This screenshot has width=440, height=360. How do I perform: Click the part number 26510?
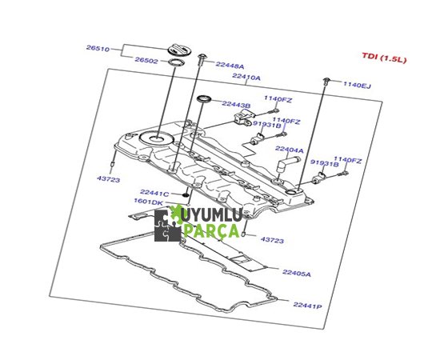pyautogui.click(x=98, y=48)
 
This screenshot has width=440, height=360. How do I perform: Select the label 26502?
pyautogui.click(x=146, y=60)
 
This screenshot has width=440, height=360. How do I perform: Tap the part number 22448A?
pyautogui.click(x=230, y=65)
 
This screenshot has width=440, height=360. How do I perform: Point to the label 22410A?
pyautogui.click(x=246, y=77)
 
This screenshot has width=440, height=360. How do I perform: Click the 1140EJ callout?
pyautogui.click(x=358, y=85)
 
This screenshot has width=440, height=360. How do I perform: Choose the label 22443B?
pyautogui.click(x=236, y=104)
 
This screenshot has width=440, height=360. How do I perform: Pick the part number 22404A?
pyautogui.click(x=290, y=150)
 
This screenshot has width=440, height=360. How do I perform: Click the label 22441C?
pyautogui.click(x=154, y=193)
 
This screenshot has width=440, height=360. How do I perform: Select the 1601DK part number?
pyautogui.click(x=148, y=202)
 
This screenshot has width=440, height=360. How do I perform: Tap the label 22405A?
pyautogui.click(x=297, y=273)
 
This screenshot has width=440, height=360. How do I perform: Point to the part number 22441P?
pyautogui.click(x=307, y=305)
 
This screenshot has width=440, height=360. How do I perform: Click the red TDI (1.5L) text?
pyautogui.click(x=384, y=58)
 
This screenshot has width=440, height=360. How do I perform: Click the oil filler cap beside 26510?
pyautogui.click(x=179, y=50)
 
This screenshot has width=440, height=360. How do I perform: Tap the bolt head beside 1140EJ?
pyautogui.click(x=326, y=81)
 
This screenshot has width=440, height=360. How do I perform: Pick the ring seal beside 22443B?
pyautogui.click(x=204, y=98)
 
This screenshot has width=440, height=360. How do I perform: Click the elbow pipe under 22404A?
pyautogui.click(x=288, y=163)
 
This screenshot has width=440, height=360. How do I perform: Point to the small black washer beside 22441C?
pyautogui.click(x=186, y=194)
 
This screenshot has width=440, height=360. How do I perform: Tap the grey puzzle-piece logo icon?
pyautogui.click(x=168, y=226)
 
